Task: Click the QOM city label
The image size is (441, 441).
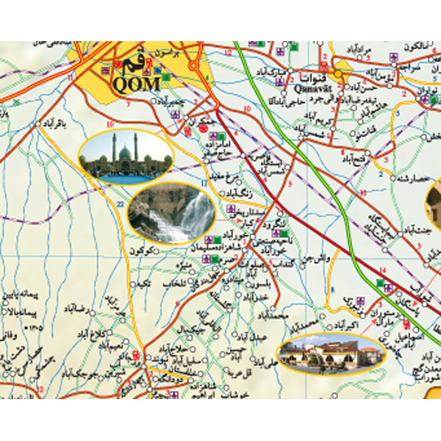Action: tap(136, 83)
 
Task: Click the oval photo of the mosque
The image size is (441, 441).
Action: tap(126, 157)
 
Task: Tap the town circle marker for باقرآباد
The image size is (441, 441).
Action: tap(37, 125)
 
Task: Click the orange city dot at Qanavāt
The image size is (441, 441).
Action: tap(338, 74)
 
